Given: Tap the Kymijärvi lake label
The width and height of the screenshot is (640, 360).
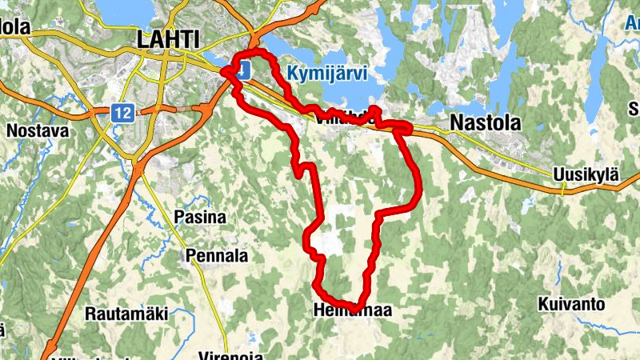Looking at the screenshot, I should [x=326, y=74].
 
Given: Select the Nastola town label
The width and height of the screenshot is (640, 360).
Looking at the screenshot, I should [x=486, y=122].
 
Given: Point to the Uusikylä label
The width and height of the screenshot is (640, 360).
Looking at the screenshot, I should [x=586, y=175].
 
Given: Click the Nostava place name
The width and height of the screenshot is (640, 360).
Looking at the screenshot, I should [x=37, y=129].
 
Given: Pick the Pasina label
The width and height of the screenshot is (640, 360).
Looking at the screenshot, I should [x=200, y=217].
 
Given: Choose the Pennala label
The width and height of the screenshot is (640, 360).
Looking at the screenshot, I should [x=216, y=256].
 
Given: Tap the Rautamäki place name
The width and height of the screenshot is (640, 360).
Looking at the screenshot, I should [x=126, y=314].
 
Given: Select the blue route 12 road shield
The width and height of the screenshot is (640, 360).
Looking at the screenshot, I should [x=122, y=114].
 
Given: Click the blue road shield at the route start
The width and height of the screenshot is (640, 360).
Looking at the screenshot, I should [x=243, y=70].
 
